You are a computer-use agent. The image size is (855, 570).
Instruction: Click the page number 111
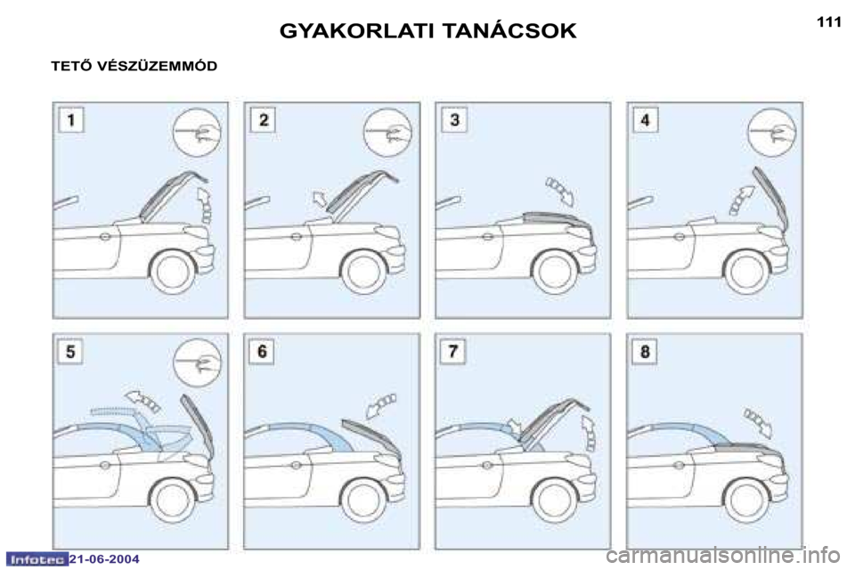point(829,21)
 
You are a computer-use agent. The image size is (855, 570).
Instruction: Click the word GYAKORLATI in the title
point(356,31)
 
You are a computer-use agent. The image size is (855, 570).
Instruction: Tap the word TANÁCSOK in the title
point(509,30)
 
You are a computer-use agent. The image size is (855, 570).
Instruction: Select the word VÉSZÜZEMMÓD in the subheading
point(157,66)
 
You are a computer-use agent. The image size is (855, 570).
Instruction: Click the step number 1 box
point(71,120)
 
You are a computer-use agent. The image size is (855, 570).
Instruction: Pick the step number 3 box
point(454,120)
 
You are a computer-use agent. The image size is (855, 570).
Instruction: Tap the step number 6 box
point(262,351)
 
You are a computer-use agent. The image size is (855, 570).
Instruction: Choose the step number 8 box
point(645,351)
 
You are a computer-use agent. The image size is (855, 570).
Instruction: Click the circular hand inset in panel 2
point(387,133)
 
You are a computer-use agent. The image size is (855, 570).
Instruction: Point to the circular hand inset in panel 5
point(197,362)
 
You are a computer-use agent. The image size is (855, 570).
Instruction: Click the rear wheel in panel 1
point(173,271)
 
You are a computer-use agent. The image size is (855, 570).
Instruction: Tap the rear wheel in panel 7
point(555,501)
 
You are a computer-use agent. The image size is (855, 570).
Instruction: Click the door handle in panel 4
point(679,237)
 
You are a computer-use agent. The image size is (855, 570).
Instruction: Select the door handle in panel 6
point(296,465)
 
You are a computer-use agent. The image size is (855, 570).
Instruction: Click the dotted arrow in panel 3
point(560,191)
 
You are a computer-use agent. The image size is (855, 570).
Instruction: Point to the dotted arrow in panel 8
point(759,423)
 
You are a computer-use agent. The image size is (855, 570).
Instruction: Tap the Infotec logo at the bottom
point(37,559)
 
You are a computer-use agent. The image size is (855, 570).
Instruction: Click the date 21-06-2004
point(105,559)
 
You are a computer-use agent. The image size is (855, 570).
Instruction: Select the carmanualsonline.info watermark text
point(723,557)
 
